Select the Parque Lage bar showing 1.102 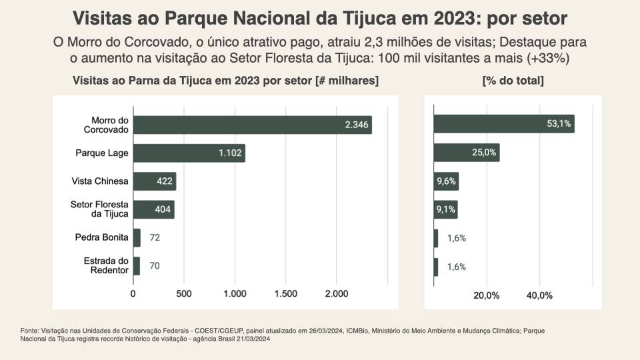point(189,153)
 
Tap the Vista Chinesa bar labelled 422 point(154,181)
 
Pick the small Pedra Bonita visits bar point(137,237)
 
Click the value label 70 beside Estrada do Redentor point(154,266)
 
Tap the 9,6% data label point(447,181)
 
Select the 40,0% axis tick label point(539,295)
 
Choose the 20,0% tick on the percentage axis point(486,295)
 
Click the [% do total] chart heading point(513,81)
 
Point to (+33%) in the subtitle point(547,58)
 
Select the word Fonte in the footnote point(29,331)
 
